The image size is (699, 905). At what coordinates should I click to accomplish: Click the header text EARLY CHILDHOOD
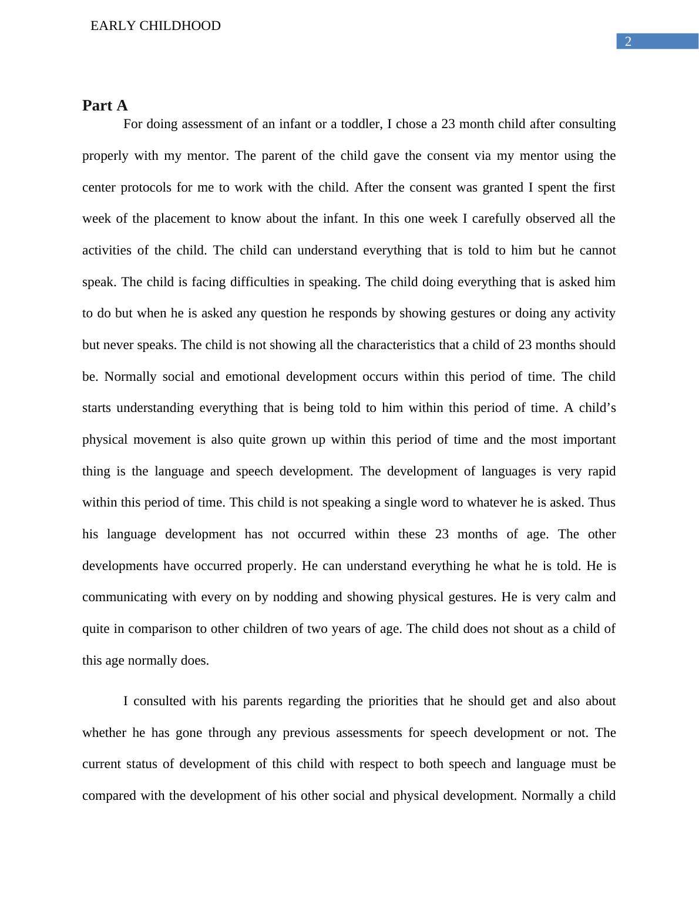(156, 26)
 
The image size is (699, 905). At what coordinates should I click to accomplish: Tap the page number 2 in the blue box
(628, 42)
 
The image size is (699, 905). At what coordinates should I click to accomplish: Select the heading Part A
(105, 105)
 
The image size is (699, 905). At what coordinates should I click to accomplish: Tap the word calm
(576, 597)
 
